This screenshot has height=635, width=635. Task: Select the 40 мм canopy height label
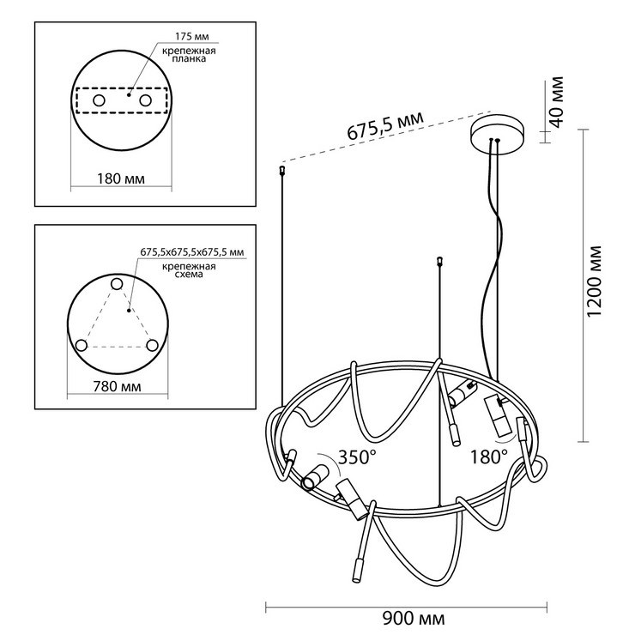coord(556,102)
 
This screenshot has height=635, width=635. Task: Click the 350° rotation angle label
coord(356,456)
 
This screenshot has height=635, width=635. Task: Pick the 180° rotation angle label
coord(490,456)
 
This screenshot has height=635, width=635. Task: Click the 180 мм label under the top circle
coord(119,179)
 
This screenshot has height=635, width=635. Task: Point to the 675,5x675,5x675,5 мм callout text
coord(192,252)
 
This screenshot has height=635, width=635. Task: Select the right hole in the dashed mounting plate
coord(145,102)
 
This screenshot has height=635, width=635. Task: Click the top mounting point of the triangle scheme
coord(118,284)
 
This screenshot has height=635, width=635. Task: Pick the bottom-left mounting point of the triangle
coord(82,345)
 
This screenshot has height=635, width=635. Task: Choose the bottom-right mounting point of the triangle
coord(153,345)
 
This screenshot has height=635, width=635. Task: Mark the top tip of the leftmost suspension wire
coord(282,172)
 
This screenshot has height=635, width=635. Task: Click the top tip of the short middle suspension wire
coord(439,258)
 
